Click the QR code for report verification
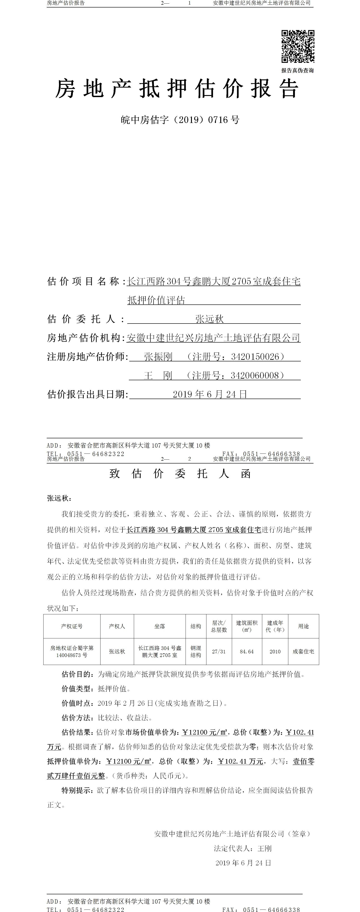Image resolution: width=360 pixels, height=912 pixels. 298,46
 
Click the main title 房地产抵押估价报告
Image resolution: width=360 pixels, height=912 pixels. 177,88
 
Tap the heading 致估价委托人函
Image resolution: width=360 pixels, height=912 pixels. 180,474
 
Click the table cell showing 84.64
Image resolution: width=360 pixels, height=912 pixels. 247,651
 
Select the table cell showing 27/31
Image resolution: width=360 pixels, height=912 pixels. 219,651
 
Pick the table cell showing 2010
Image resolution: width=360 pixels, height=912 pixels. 275,651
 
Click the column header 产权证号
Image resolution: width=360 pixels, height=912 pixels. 72,626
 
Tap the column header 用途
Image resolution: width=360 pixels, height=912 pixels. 303,626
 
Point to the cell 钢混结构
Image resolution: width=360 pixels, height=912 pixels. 196,651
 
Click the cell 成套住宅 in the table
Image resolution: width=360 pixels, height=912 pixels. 303,651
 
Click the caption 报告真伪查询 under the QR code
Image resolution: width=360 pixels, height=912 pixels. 297,71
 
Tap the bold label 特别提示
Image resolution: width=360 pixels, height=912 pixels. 77,790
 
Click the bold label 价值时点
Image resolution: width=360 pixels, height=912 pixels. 77,703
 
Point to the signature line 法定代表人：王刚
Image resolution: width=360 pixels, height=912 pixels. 243,848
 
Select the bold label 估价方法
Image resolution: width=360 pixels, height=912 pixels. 77,718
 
